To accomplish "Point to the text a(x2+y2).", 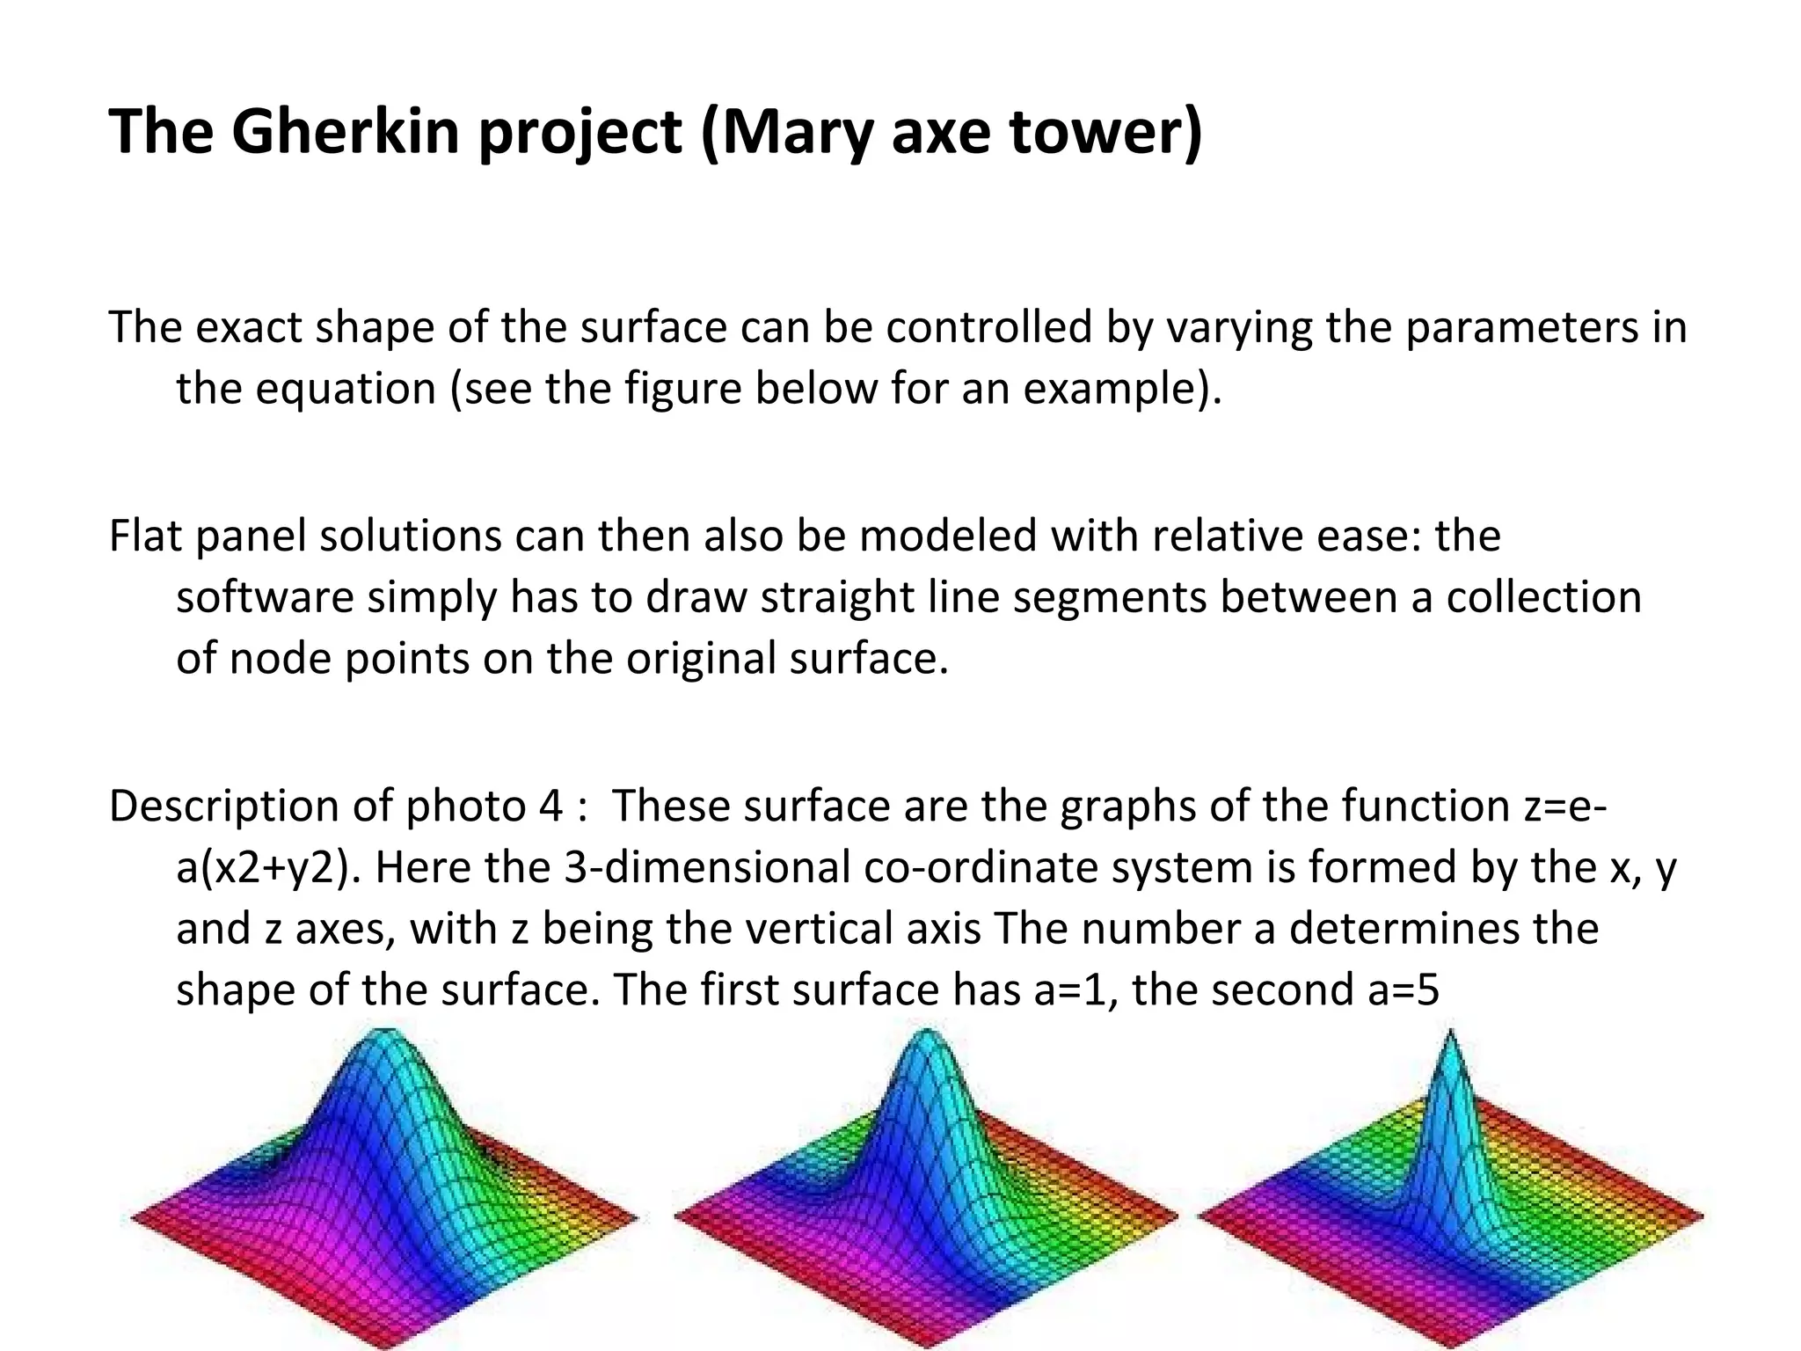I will (x=268, y=867).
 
